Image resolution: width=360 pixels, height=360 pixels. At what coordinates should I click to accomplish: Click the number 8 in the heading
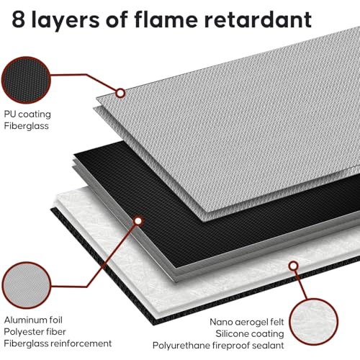point(18,19)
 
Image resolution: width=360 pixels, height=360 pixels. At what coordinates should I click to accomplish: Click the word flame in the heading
point(166,19)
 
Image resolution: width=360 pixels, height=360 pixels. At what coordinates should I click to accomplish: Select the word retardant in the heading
point(258,19)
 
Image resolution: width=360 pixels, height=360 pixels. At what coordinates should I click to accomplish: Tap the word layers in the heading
point(65,20)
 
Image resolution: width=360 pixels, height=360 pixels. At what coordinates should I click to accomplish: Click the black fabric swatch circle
point(26,80)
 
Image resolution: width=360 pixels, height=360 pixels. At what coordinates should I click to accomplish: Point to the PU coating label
point(27,114)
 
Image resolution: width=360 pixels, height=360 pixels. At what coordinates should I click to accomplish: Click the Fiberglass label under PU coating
point(26,126)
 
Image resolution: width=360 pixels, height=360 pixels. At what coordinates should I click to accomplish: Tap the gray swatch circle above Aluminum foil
point(26,285)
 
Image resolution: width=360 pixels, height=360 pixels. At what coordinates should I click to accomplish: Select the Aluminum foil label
point(33,320)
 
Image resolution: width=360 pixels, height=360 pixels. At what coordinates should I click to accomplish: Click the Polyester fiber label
point(35,332)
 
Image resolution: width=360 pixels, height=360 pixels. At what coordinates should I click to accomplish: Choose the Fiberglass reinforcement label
point(58,343)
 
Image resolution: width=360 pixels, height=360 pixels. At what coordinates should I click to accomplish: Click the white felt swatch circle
point(313,322)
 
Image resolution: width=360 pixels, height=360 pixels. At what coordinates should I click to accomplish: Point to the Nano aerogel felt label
point(247,322)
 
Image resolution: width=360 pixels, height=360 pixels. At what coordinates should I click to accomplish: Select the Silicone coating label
point(250,334)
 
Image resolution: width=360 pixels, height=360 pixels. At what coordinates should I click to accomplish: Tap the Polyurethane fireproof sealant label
point(218,346)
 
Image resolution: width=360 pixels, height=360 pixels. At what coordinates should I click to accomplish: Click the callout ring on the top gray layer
point(120,93)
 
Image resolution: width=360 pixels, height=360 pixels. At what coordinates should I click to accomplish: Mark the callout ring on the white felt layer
point(293,266)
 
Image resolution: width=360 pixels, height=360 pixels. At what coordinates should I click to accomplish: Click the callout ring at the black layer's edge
point(138,221)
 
